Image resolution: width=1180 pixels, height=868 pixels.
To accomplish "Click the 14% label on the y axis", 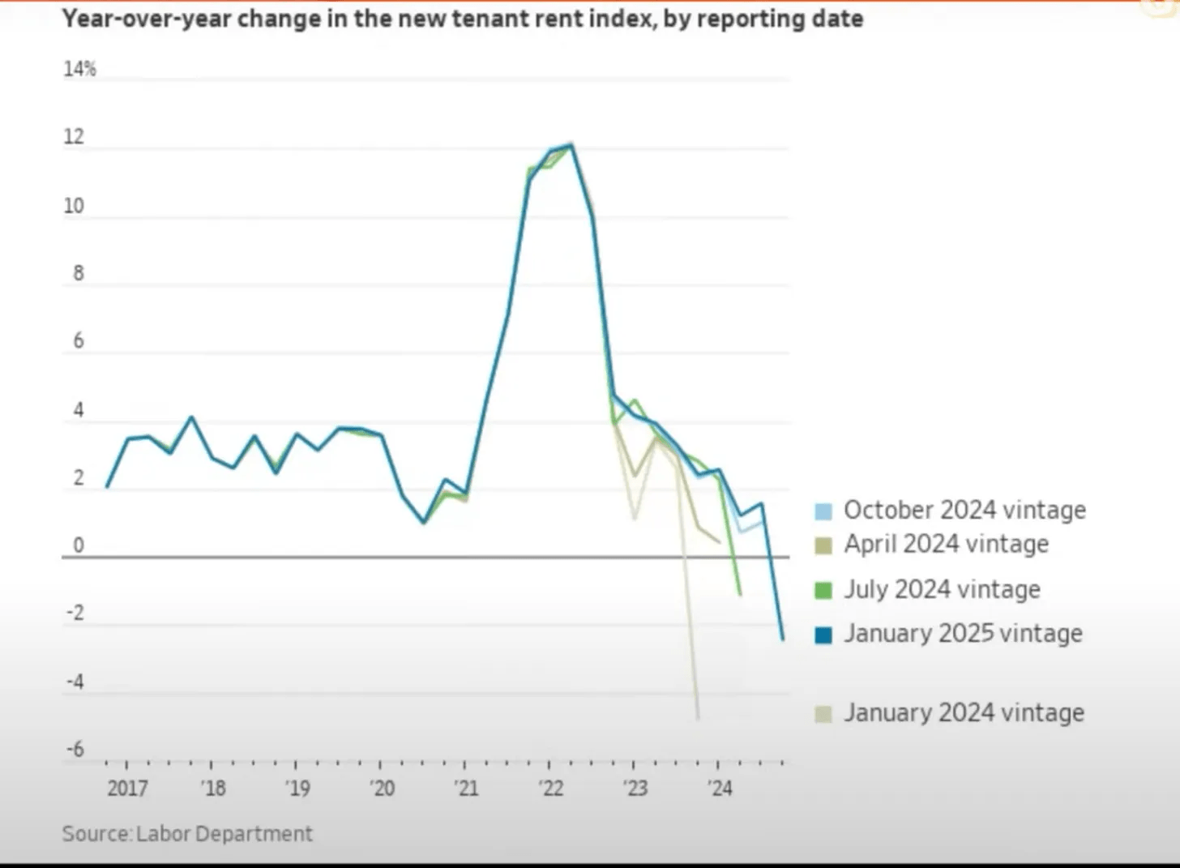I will (x=79, y=70).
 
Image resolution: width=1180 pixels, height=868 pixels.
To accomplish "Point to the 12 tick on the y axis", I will (x=74, y=137).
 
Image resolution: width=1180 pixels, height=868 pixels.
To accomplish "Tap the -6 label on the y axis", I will (x=75, y=749).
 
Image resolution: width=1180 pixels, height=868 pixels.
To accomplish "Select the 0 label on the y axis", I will (x=79, y=545).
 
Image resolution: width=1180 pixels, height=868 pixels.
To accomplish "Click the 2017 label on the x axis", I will (x=127, y=788).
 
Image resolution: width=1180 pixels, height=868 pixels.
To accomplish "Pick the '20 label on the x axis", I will (x=382, y=788).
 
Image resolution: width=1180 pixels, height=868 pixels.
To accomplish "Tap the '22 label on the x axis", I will (x=551, y=788).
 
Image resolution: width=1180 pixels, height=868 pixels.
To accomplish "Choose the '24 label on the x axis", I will (x=720, y=788).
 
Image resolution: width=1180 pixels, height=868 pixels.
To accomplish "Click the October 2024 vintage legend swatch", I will (x=823, y=511).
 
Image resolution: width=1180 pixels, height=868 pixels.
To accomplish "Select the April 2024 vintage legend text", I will (x=946, y=544).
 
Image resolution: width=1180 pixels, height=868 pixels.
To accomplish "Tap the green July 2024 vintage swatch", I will (x=823, y=590).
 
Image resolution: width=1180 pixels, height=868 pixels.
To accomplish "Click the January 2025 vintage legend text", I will (x=963, y=633).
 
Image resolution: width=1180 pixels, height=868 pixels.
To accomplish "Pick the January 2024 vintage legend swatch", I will (x=823, y=714).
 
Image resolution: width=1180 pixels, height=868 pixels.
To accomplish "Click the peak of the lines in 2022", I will (x=571, y=145).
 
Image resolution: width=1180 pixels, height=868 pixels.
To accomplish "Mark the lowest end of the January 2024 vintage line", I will (x=698, y=718).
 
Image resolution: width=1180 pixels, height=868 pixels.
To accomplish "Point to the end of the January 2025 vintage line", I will (x=783, y=639).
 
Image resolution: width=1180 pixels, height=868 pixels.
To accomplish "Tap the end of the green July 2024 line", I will (x=740, y=594).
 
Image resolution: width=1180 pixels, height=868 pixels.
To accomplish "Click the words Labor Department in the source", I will (x=224, y=834).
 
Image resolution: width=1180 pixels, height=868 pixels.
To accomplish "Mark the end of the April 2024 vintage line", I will (x=719, y=541).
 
